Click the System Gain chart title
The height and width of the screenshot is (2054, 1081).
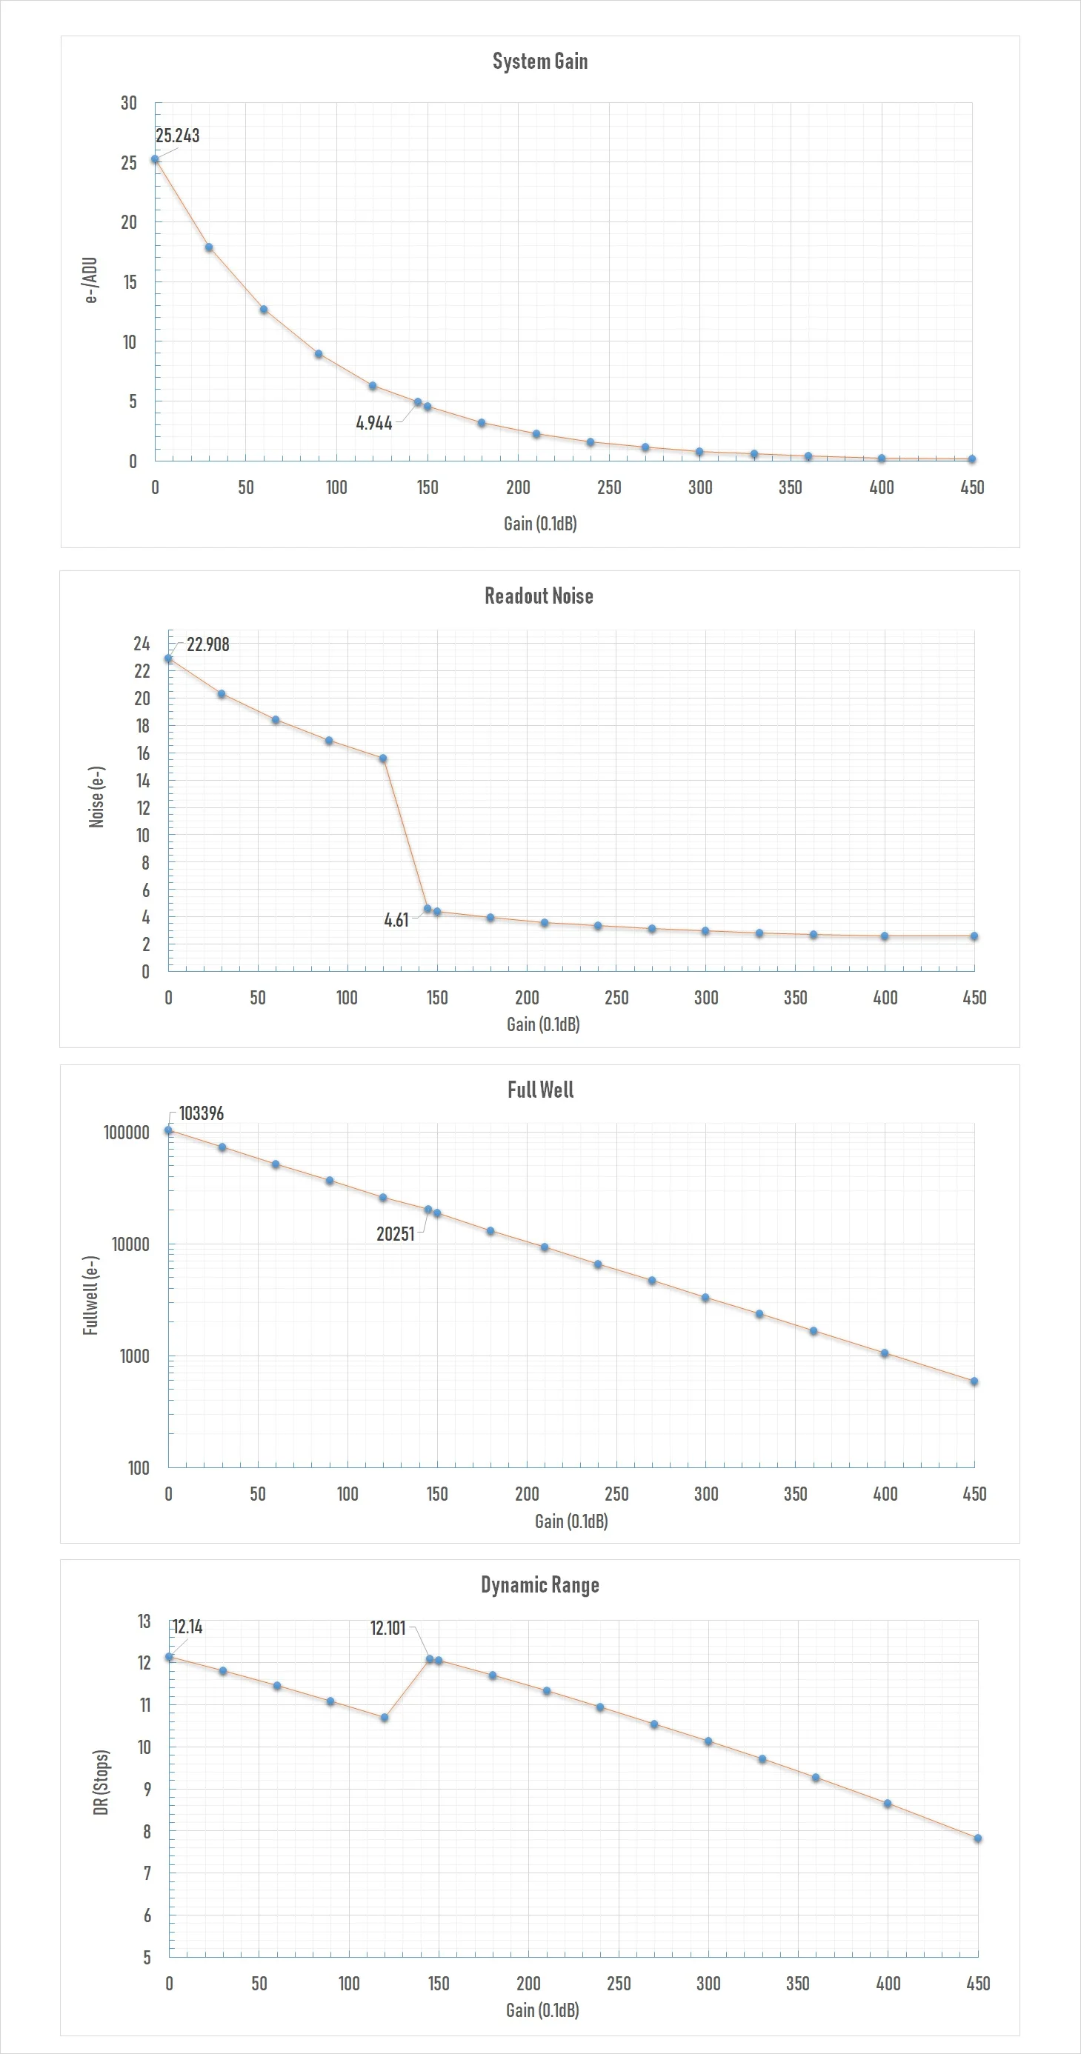pyautogui.click(x=540, y=61)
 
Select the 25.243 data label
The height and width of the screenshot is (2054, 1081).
pyautogui.click(x=177, y=136)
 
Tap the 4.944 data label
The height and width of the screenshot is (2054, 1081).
pyautogui.click(x=373, y=424)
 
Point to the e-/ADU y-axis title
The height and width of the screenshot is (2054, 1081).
pyautogui.click(x=91, y=280)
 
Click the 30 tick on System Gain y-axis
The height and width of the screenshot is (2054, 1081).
pyautogui.click(x=128, y=103)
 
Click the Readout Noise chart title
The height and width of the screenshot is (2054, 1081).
pyautogui.click(x=539, y=596)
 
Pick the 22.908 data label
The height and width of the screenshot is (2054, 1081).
pyautogui.click(x=207, y=644)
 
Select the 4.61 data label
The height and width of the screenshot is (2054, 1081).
pyautogui.click(x=396, y=920)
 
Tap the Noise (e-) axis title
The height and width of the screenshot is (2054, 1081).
pyautogui.click(x=96, y=797)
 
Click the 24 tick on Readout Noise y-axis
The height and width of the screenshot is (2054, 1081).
pyautogui.click(x=142, y=644)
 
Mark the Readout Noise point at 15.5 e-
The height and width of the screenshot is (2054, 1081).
pyautogui.click(x=383, y=759)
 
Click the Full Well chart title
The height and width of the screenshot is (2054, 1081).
pyautogui.click(x=540, y=1090)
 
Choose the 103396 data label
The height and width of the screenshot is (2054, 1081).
pyautogui.click(x=201, y=1113)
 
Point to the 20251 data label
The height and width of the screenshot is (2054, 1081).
pyautogui.click(x=395, y=1234)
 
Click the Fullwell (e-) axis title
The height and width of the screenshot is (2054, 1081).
pyautogui.click(x=90, y=1296)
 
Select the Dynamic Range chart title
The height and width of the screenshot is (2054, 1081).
pyautogui.click(x=540, y=1584)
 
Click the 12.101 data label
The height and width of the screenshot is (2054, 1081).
pyautogui.click(x=388, y=1627)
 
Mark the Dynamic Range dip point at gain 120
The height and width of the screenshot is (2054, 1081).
pyautogui.click(x=385, y=1718)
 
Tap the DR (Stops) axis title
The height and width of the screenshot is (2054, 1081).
pyautogui.click(x=101, y=1783)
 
